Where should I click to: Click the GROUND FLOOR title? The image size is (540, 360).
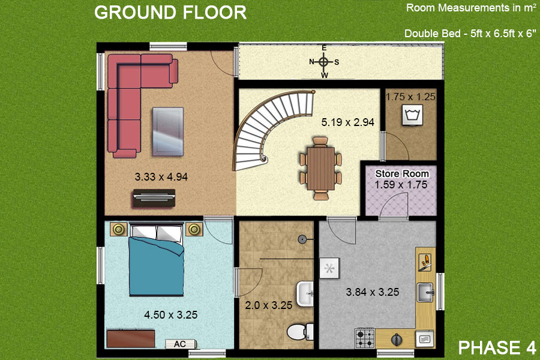click(170, 13)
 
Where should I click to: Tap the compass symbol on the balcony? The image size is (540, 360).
click(324, 62)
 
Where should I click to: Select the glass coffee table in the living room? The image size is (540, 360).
click(168, 131)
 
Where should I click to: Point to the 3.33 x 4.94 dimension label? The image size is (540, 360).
click(161, 177)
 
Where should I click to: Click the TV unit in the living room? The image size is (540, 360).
click(154, 198)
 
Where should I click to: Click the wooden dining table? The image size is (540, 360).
click(320, 169)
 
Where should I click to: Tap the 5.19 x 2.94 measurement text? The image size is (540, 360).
click(348, 122)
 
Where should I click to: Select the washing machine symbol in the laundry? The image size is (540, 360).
click(413, 115)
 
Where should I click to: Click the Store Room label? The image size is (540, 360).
click(402, 173)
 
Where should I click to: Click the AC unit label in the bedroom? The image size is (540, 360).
click(181, 344)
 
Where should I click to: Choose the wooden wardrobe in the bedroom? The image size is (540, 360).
click(131, 338)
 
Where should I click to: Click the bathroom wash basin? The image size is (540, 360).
click(305, 293)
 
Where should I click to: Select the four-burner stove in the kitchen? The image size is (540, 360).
click(365, 338)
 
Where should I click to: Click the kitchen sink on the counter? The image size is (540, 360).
click(425, 292)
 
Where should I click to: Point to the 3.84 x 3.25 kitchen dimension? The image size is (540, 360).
click(372, 292)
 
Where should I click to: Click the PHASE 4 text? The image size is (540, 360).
click(497, 347)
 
